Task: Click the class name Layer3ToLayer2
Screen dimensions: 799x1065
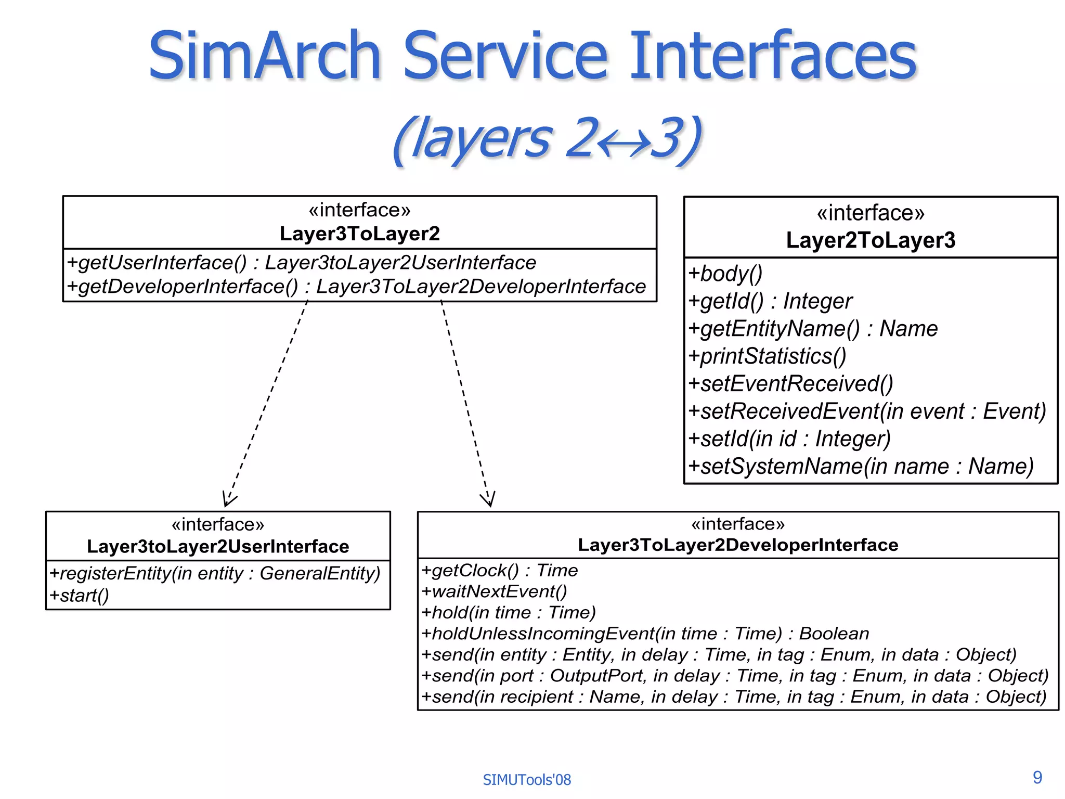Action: coord(359,234)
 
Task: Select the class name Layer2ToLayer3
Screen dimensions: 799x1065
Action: coord(871,240)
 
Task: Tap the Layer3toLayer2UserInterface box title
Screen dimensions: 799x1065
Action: coord(218,546)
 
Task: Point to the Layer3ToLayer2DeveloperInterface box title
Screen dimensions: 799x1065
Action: coord(738,545)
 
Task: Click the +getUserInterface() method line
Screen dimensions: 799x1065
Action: coord(301,262)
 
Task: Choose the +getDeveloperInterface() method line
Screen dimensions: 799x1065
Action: coord(356,287)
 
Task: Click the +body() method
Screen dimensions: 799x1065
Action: coord(725,274)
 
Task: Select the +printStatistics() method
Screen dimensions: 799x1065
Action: coord(767,356)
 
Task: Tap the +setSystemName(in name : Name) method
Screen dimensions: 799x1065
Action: coord(861,466)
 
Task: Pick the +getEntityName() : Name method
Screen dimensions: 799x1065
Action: coord(812,329)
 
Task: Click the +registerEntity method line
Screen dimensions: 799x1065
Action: coord(215,573)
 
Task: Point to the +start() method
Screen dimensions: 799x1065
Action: coord(79,595)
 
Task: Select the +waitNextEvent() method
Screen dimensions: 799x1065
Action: coord(493,591)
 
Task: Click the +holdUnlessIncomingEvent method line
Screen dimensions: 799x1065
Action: coord(645,634)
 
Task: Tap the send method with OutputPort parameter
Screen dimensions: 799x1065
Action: coord(734,676)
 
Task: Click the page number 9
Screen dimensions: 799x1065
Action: coord(1037,777)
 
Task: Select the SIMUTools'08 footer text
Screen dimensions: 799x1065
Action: coord(526,780)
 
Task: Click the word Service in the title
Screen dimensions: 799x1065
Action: coord(505,56)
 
